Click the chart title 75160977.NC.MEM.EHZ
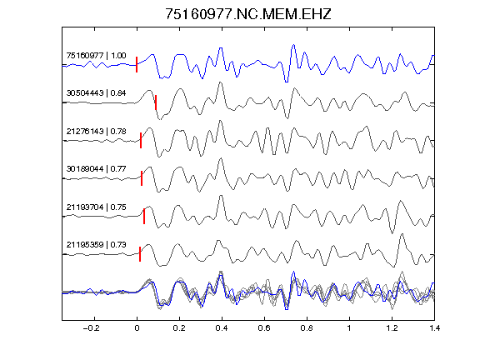click(x=248, y=14)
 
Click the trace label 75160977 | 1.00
click(x=96, y=56)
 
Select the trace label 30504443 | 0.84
click(x=96, y=93)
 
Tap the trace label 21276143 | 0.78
click(x=96, y=132)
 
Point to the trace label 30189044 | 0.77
click(x=96, y=169)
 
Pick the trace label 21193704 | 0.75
click(x=96, y=207)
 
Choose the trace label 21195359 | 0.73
click(x=96, y=245)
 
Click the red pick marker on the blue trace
click(x=137, y=65)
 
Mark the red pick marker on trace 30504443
click(x=156, y=102)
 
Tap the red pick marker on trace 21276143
click(x=141, y=141)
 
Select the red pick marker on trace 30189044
click(x=142, y=178)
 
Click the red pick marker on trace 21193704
click(x=144, y=216)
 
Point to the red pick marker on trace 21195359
click(x=140, y=254)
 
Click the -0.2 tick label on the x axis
click(x=91, y=328)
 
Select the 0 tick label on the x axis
click(x=137, y=328)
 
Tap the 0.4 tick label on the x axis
click(x=222, y=328)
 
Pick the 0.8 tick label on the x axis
click(x=307, y=328)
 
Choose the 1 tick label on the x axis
click(x=349, y=328)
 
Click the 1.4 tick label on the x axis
click(x=434, y=328)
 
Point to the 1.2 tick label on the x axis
click(x=392, y=328)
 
